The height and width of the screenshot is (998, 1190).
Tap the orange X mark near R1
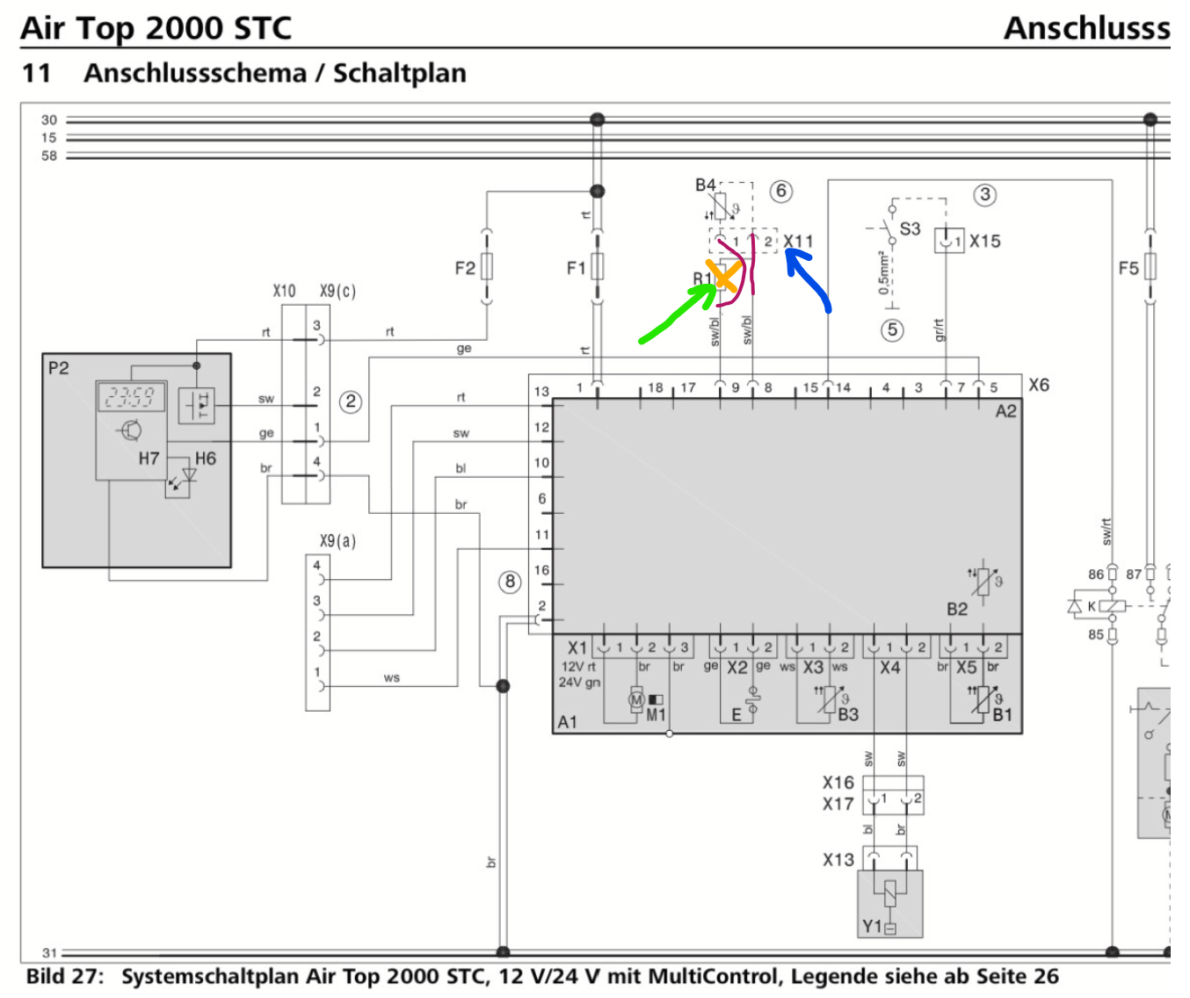[x=723, y=276]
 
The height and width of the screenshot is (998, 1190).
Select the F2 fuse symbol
[x=486, y=266]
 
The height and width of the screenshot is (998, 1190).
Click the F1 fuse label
[x=576, y=268]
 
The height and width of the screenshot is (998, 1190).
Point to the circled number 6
[x=780, y=191]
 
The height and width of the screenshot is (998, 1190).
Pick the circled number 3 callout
[x=985, y=194]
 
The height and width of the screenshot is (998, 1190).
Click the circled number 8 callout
[x=510, y=582]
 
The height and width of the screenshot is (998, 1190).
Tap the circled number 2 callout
[x=351, y=401]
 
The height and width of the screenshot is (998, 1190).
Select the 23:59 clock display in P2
[x=130, y=397]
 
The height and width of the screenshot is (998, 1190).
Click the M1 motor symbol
[x=637, y=699]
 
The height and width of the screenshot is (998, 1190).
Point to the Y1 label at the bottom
[x=872, y=926]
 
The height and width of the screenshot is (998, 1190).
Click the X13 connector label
[x=838, y=859]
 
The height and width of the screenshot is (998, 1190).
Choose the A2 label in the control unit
[x=1005, y=411]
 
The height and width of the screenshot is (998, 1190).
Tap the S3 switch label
[x=910, y=228]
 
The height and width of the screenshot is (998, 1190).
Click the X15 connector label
[x=984, y=241]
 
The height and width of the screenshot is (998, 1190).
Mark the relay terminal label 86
[x=1095, y=575]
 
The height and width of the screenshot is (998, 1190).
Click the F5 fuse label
[x=1128, y=267]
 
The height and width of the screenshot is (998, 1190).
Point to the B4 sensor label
[x=705, y=185]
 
